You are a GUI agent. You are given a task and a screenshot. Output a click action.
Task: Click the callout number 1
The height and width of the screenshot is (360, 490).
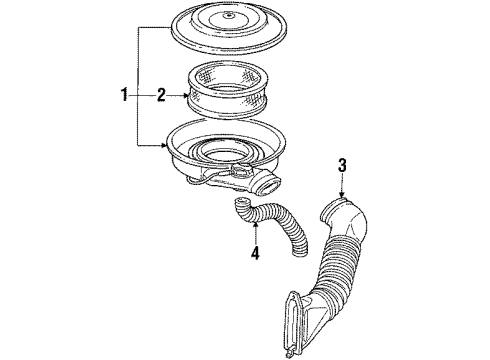[124, 96]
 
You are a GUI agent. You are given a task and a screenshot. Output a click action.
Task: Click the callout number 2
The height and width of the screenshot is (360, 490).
[161, 96]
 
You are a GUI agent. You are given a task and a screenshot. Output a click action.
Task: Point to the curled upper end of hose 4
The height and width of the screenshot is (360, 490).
[243, 207]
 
